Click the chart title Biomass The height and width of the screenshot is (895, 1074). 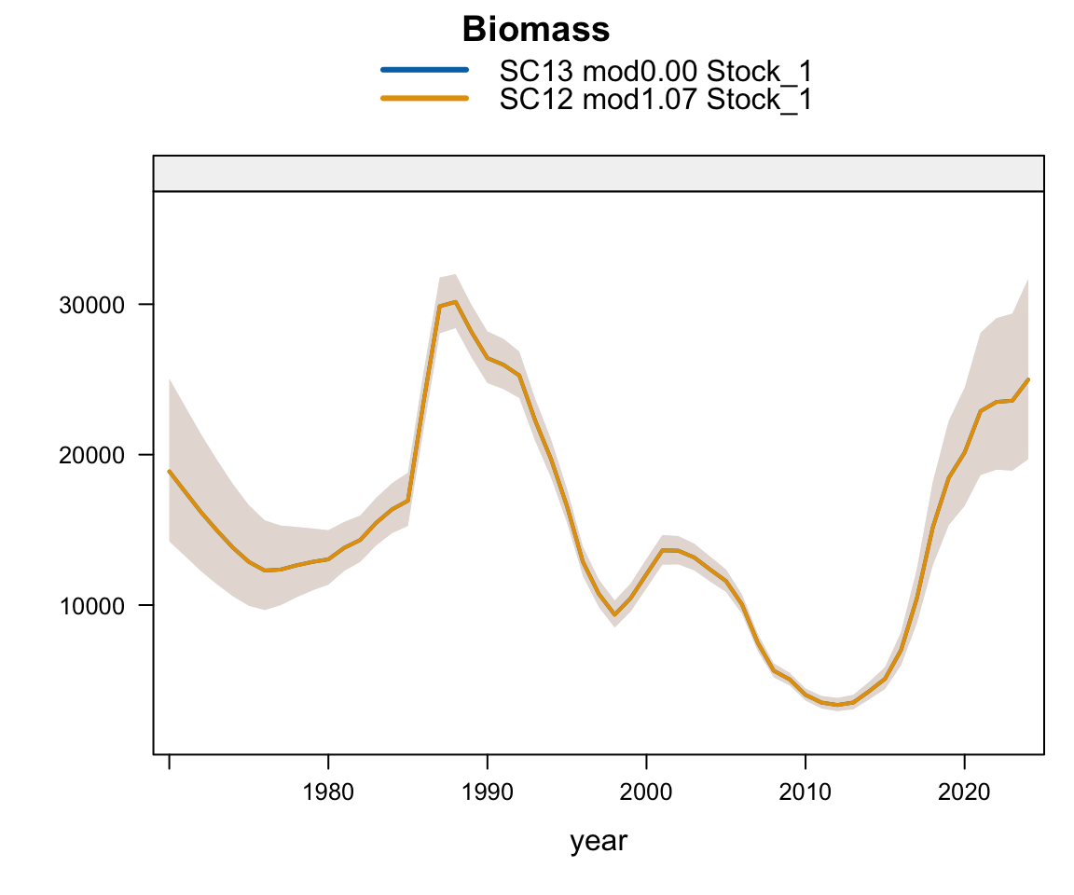(x=536, y=30)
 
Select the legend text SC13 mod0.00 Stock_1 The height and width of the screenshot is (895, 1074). (x=650, y=71)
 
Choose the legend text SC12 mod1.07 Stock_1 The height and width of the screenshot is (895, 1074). (x=655, y=98)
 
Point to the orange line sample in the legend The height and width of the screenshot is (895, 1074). (x=424, y=98)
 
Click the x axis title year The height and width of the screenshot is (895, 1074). (x=599, y=841)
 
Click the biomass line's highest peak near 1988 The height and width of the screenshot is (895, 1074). (x=455, y=301)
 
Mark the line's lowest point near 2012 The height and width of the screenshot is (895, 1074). (x=837, y=705)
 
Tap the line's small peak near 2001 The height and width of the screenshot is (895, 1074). (x=662, y=550)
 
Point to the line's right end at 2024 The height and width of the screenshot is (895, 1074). (x=1028, y=379)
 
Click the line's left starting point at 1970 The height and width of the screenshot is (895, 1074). (x=169, y=471)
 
